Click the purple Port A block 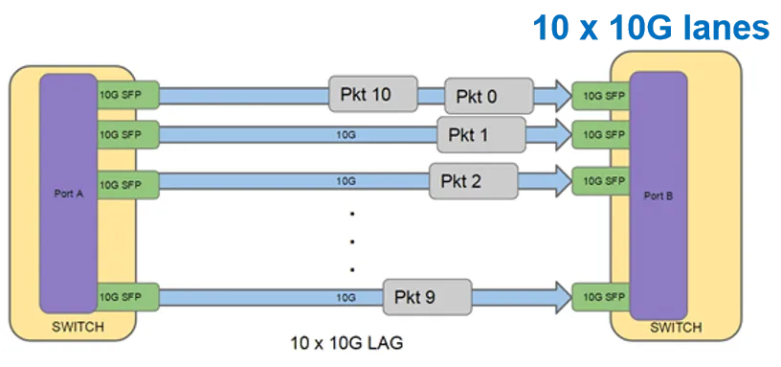coord(68,192)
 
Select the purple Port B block coord(658,196)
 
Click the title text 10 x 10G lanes coord(651,26)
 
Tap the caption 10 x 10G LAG coord(345,341)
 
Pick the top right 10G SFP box coord(599,96)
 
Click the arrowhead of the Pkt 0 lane coord(552,96)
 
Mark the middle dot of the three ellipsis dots coord(352,241)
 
